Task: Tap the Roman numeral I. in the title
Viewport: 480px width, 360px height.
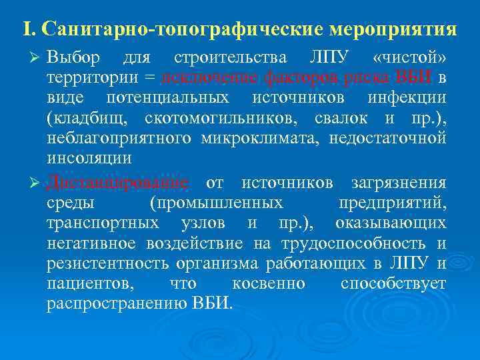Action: (28, 30)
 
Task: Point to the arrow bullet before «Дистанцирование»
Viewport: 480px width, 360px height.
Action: (38, 183)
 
